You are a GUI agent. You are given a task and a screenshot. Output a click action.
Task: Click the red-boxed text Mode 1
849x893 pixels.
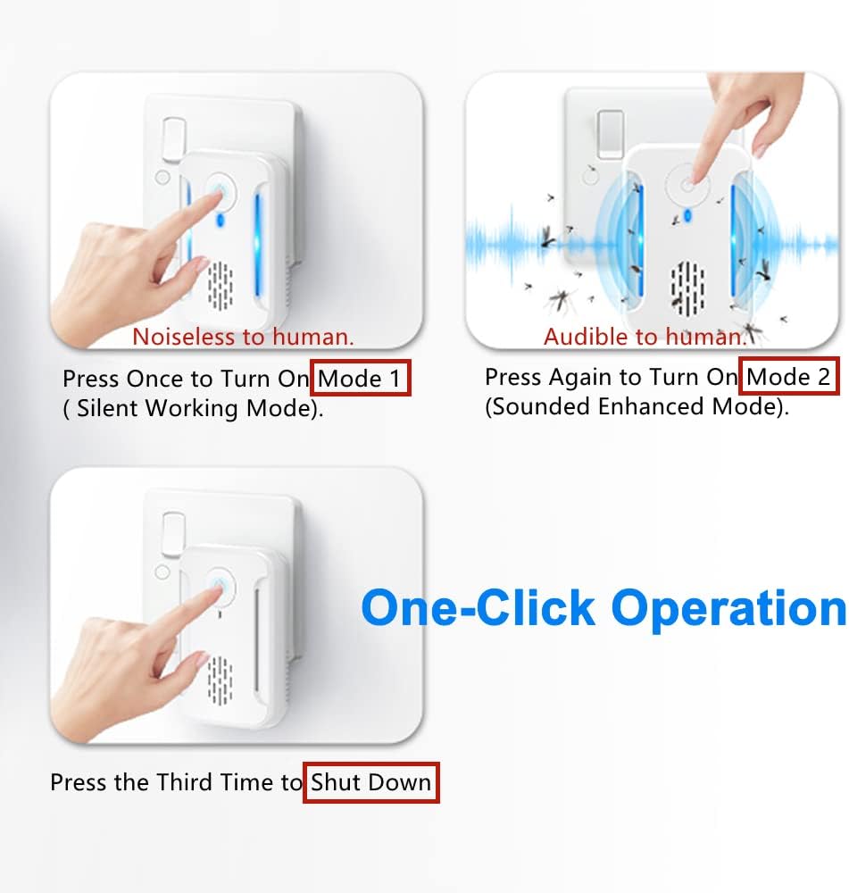pyautogui.click(x=359, y=379)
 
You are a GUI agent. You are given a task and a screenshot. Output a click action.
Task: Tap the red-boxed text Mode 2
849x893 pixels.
pyautogui.click(x=788, y=377)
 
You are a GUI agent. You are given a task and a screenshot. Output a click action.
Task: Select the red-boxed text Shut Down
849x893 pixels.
pyautogui.click(x=370, y=782)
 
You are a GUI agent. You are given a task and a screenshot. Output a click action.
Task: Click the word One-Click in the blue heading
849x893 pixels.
pyautogui.click(x=479, y=608)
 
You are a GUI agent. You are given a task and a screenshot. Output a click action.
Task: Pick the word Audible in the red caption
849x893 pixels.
pyautogui.click(x=587, y=337)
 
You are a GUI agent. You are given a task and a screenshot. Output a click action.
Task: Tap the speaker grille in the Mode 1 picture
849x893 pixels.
pyautogui.click(x=220, y=285)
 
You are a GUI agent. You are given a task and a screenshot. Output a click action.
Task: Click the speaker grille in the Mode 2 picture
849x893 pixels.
pyautogui.click(x=687, y=288)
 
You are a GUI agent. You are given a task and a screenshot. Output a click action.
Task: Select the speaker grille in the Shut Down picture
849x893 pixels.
pyautogui.click(x=220, y=680)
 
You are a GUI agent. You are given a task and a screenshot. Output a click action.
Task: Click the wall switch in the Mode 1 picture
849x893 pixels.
pyautogui.click(x=173, y=138)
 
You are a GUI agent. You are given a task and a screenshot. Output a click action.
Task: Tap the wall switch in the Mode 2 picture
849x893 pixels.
pyautogui.click(x=611, y=135)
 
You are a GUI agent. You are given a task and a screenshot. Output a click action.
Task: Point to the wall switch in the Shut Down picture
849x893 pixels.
pyautogui.click(x=173, y=534)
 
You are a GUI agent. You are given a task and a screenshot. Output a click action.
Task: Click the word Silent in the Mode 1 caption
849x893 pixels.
pyautogui.click(x=108, y=408)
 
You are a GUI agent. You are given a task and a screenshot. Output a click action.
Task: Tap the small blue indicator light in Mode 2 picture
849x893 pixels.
pyautogui.click(x=687, y=216)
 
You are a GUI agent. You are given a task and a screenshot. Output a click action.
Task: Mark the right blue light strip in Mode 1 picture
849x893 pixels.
pyautogui.click(x=257, y=245)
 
